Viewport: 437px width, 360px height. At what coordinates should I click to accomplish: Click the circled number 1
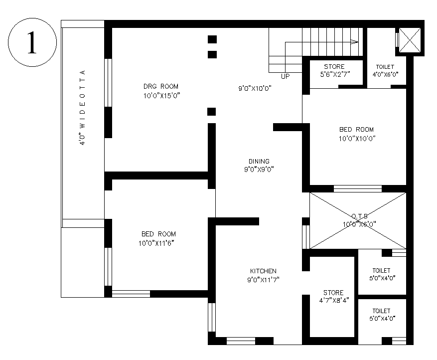31,43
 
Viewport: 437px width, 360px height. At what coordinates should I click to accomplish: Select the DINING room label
259,161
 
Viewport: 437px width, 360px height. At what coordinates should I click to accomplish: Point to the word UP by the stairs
285,76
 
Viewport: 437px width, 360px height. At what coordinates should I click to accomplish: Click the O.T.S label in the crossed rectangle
359,216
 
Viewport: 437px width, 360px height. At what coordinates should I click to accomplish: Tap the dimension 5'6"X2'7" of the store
334,74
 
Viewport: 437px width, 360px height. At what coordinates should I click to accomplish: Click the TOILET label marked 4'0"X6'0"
385,67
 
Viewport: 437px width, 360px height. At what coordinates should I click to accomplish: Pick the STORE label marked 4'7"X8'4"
333,292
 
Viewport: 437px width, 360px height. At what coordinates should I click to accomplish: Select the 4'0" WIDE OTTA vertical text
83,108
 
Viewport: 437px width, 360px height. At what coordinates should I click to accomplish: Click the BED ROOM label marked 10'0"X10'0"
356,130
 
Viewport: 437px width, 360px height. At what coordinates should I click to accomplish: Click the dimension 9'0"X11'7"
263,280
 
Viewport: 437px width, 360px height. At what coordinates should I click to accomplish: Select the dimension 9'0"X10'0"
254,89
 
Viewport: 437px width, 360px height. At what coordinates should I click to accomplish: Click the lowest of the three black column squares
212,111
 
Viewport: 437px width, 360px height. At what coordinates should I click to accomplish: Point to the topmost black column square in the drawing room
212,39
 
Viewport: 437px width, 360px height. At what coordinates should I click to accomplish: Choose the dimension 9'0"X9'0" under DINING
259,169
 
